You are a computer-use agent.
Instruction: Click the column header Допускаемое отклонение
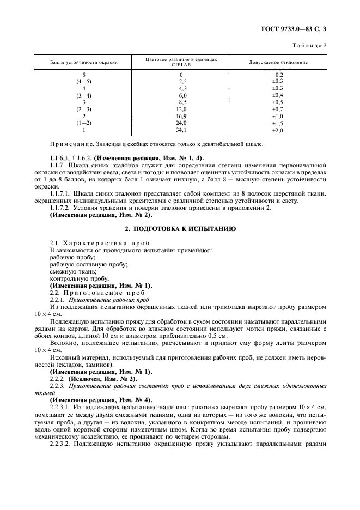coord(278,62)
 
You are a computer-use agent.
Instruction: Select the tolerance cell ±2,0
coord(278,130)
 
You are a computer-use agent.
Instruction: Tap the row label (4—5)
coord(84,81)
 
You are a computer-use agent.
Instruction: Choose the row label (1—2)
coord(84,123)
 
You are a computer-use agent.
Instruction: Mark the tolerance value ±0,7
coord(278,109)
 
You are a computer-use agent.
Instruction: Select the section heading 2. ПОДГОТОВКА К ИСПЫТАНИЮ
coord(180,229)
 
